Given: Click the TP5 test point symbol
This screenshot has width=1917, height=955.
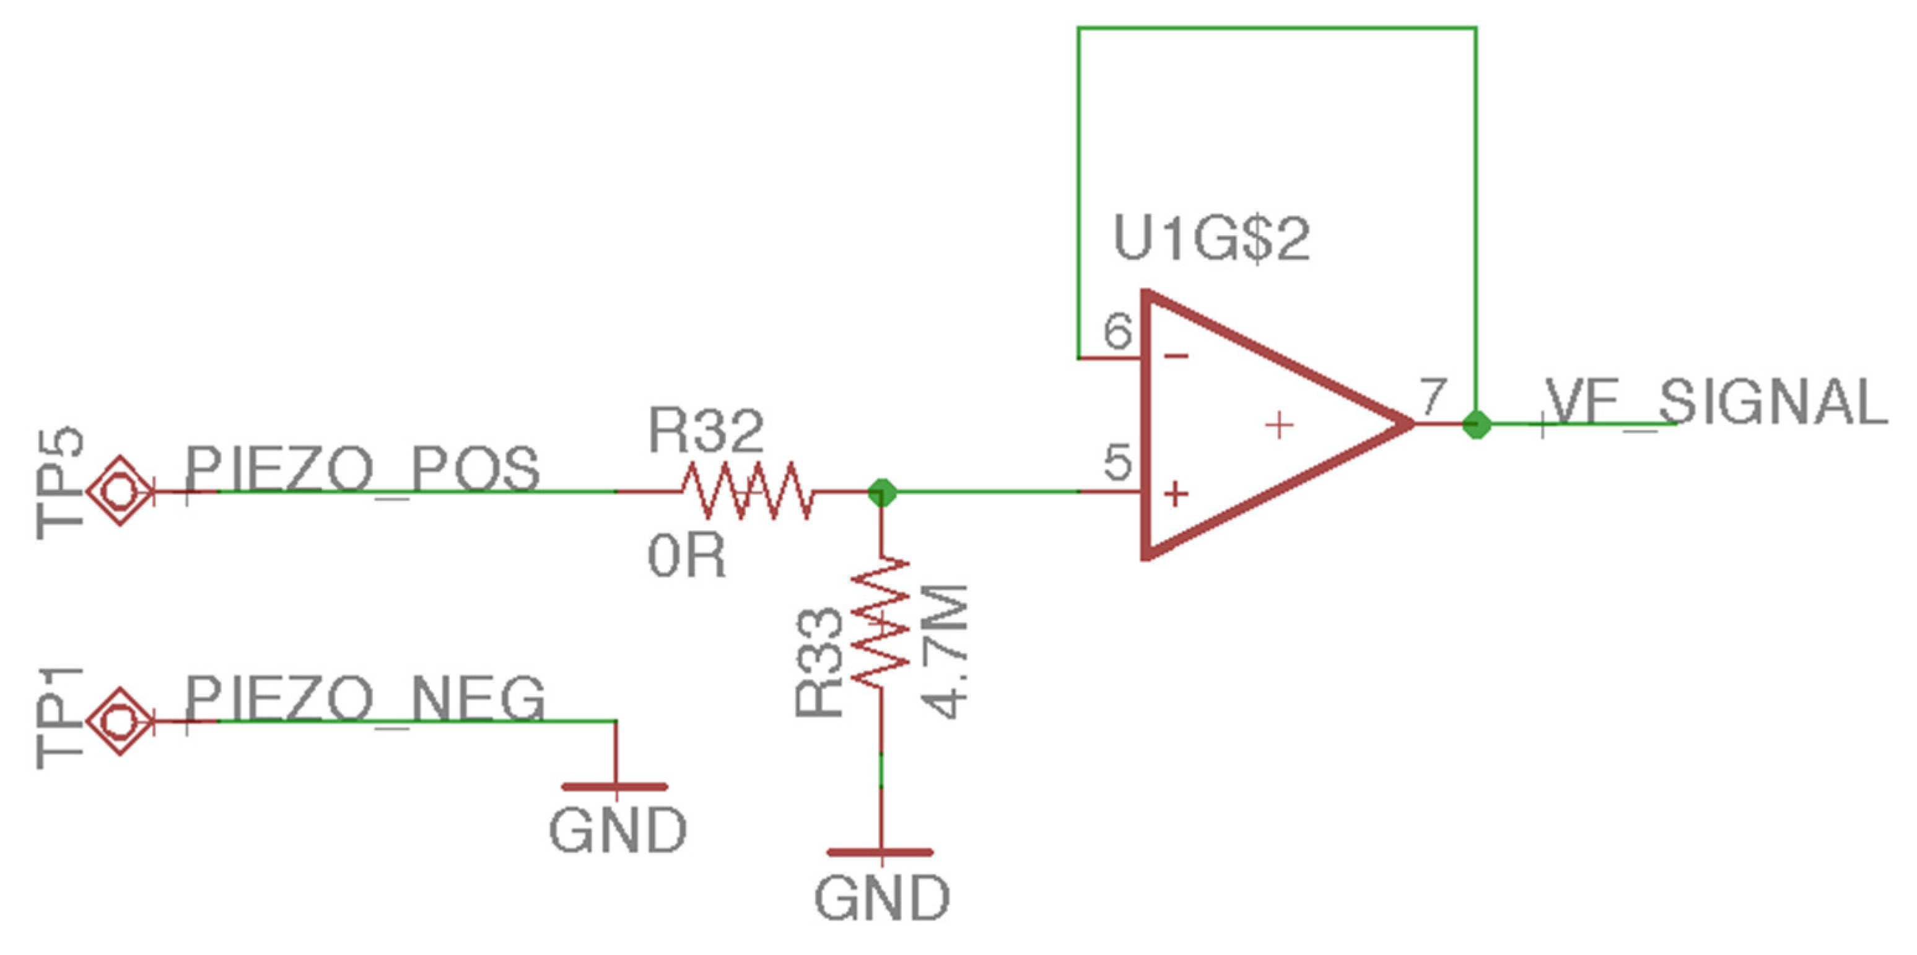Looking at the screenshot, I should coord(120,491).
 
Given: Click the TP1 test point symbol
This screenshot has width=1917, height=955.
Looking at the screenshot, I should coord(120,720).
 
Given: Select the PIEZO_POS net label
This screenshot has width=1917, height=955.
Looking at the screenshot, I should coord(362,469).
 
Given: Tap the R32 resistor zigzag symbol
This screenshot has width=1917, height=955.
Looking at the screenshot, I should coord(746,491).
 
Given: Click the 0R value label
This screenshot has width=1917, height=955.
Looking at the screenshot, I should coord(686,557).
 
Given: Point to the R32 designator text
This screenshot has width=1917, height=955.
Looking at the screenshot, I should coord(705,431).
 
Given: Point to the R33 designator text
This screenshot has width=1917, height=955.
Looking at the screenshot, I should coord(819,662).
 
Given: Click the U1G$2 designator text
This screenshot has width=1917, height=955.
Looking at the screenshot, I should coord(1211,240).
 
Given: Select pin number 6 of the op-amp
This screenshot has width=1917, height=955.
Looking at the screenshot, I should coord(1117,332).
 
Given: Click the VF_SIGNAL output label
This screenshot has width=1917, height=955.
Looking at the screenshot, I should coord(1715,402).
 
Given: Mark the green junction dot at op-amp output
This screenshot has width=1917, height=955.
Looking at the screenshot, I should coord(1477,425).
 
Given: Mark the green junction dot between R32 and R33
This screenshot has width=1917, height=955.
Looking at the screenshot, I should coord(882,491).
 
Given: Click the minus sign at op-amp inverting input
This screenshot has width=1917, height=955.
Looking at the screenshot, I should coord(1176,357).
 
